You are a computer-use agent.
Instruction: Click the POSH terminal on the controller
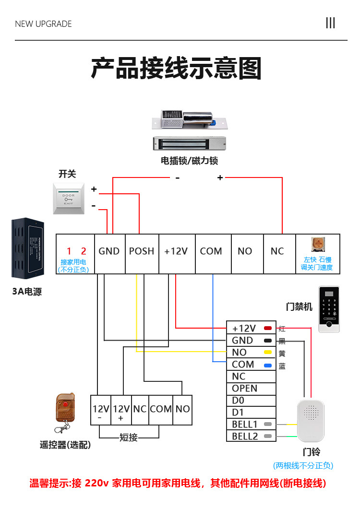tap(142, 251)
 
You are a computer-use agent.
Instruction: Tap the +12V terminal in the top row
tap(176, 251)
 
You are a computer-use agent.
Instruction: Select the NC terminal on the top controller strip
tap(277, 251)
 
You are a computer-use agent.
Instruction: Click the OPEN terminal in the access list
tap(245, 389)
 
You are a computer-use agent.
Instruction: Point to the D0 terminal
tap(239, 400)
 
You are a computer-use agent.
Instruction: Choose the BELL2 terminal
tap(245, 436)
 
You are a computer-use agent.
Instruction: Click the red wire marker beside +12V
tap(268, 329)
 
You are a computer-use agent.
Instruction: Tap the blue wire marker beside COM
tap(268, 366)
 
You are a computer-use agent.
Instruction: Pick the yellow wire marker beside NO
tap(268, 352)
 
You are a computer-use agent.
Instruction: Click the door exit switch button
tap(69, 199)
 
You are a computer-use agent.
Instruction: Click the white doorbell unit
tap(311, 420)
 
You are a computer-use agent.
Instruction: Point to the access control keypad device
tap(329, 309)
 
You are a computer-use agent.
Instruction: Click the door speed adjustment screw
tap(317, 244)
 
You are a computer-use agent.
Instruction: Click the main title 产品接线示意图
tap(176, 68)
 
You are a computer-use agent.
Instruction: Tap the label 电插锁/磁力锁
tap(189, 161)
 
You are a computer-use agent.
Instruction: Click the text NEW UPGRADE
tap(43, 24)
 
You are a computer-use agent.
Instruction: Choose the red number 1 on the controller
tap(69, 251)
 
